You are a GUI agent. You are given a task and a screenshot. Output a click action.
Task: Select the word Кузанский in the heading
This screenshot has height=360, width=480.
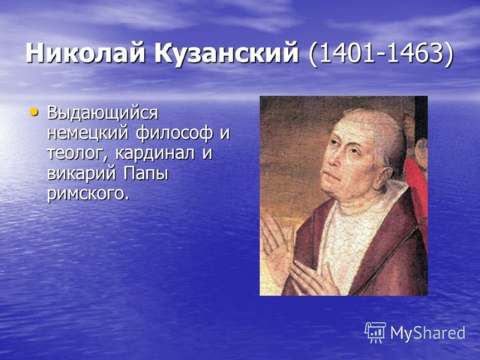[226, 54]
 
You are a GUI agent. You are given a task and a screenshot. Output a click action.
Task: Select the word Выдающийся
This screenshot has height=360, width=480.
[103, 113]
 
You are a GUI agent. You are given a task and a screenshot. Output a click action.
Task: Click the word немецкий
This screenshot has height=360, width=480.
[87, 133]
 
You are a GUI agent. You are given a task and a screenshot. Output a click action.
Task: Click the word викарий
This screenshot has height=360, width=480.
[82, 173]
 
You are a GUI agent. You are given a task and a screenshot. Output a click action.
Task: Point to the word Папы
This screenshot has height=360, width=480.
[146, 173]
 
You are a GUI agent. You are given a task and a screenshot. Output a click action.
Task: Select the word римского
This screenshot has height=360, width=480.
[87, 193]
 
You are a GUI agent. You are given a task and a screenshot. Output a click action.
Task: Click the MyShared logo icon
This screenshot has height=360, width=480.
[375, 332]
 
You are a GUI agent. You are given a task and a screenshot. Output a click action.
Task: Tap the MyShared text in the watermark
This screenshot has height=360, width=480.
[427, 333]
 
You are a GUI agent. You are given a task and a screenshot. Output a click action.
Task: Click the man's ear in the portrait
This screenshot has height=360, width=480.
[386, 177]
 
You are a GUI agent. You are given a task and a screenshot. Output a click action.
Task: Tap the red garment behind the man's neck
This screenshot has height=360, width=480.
[416, 184]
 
